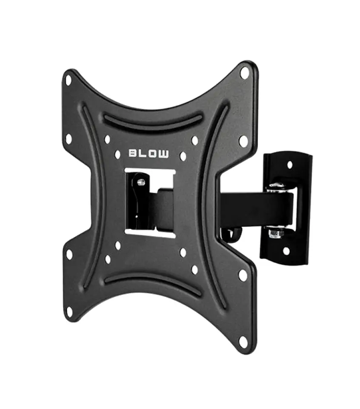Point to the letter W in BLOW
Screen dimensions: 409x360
pyautogui.click(x=164, y=153)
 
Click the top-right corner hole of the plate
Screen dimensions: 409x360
pyautogui.click(x=244, y=73)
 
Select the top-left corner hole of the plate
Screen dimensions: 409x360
pyautogui.click(x=68, y=79)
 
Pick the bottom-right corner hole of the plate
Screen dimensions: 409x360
pyautogui.click(x=243, y=342)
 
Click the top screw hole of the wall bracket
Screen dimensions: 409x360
pyautogui.click(x=290, y=164)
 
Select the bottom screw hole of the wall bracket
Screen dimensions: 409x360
pyautogui.click(x=286, y=251)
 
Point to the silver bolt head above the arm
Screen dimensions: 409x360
pyautogui.click(x=276, y=186)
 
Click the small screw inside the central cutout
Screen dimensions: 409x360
pyautogui.click(x=141, y=182)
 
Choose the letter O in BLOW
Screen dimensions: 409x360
pyautogui.click(x=153, y=153)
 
